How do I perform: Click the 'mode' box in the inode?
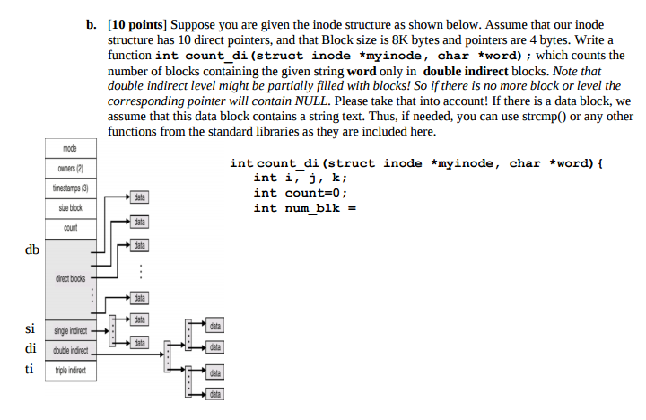point(70,148)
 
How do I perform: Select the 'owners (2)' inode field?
point(70,168)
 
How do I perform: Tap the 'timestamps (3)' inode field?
point(70,188)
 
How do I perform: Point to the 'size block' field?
point(70,207)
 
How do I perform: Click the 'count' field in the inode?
point(70,228)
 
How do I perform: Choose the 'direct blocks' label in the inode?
point(70,278)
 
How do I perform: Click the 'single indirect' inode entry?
point(70,330)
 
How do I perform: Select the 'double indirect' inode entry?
point(70,349)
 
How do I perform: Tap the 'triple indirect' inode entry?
point(70,369)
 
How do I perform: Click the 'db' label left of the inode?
point(31,249)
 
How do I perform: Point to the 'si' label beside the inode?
point(31,329)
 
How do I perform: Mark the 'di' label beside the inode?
point(31,349)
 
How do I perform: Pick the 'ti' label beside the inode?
point(31,369)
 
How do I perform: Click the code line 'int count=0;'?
point(300,193)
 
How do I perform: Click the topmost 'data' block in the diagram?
point(139,197)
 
